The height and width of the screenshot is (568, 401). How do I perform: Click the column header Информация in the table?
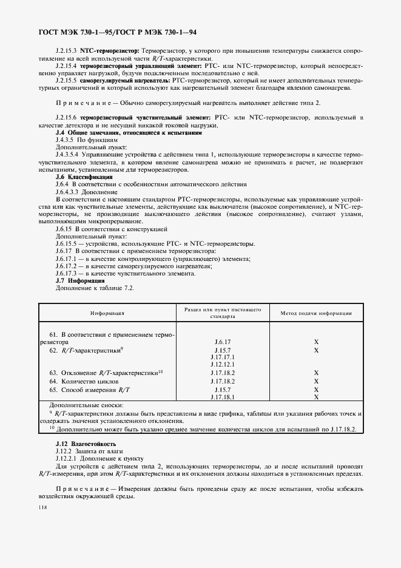tap(107, 313)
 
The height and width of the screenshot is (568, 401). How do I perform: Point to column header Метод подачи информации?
tap(315, 313)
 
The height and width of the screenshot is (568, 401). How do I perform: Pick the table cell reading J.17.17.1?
tap(220, 357)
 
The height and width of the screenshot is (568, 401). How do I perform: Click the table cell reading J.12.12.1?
tap(220, 365)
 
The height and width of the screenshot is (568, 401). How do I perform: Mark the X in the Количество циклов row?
tap(316, 381)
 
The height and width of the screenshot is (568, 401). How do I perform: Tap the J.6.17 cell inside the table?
tap(220, 342)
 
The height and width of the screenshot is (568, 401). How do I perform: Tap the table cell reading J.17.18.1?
tap(220, 397)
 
